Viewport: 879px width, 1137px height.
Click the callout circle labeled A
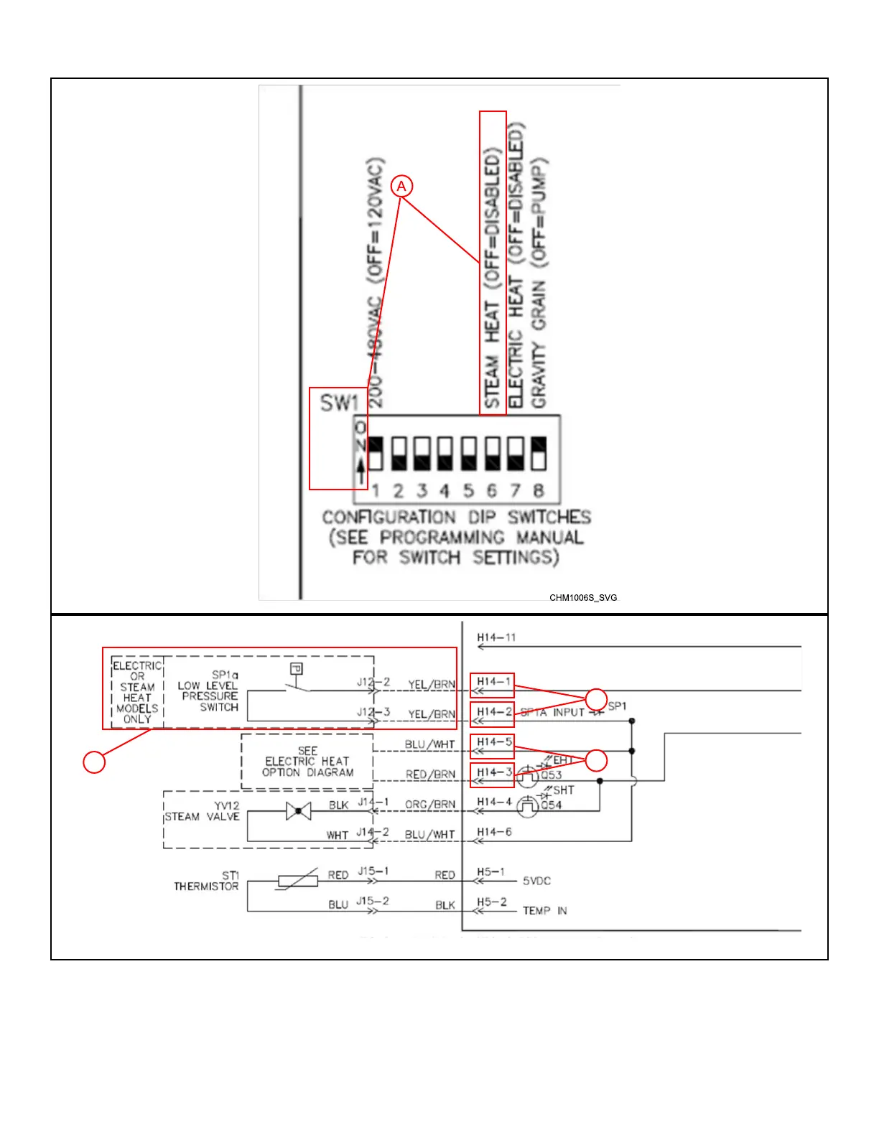tap(401, 187)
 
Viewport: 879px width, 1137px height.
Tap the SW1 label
tap(338, 403)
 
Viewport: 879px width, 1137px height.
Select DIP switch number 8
tap(538, 454)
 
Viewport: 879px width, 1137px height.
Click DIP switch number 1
tap(375, 454)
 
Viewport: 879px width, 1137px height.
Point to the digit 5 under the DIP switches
tap(468, 491)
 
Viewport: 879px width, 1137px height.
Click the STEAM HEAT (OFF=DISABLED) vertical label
tap(493, 280)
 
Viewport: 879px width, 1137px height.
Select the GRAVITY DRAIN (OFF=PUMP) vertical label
tap(539, 284)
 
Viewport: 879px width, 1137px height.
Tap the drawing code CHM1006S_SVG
tap(583, 597)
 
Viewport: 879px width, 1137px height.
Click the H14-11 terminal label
tap(496, 637)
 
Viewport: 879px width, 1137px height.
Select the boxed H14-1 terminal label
tap(493, 682)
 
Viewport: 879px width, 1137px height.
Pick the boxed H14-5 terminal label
tap(493, 742)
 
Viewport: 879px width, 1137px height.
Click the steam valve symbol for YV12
tap(298, 811)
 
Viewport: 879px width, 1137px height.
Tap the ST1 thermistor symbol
tap(297, 880)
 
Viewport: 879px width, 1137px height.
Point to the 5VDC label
tap(536, 881)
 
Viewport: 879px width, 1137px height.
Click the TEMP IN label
tap(544, 911)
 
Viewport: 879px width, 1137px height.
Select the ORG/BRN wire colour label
tap(430, 805)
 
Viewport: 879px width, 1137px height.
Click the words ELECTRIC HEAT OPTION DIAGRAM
tap(307, 762)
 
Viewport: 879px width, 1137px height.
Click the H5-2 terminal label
tap(492, 902)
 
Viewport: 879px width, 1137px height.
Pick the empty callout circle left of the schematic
tap(94, 762)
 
